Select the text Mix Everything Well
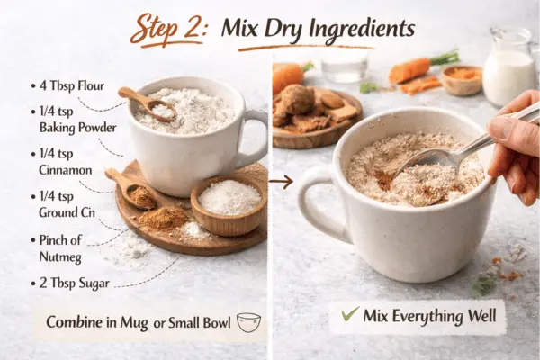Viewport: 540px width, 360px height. click(428, 317)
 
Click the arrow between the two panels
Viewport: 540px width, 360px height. click(282, 182)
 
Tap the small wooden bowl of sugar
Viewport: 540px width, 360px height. click(229, 199)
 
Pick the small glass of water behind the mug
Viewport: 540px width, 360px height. click(344, 65)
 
